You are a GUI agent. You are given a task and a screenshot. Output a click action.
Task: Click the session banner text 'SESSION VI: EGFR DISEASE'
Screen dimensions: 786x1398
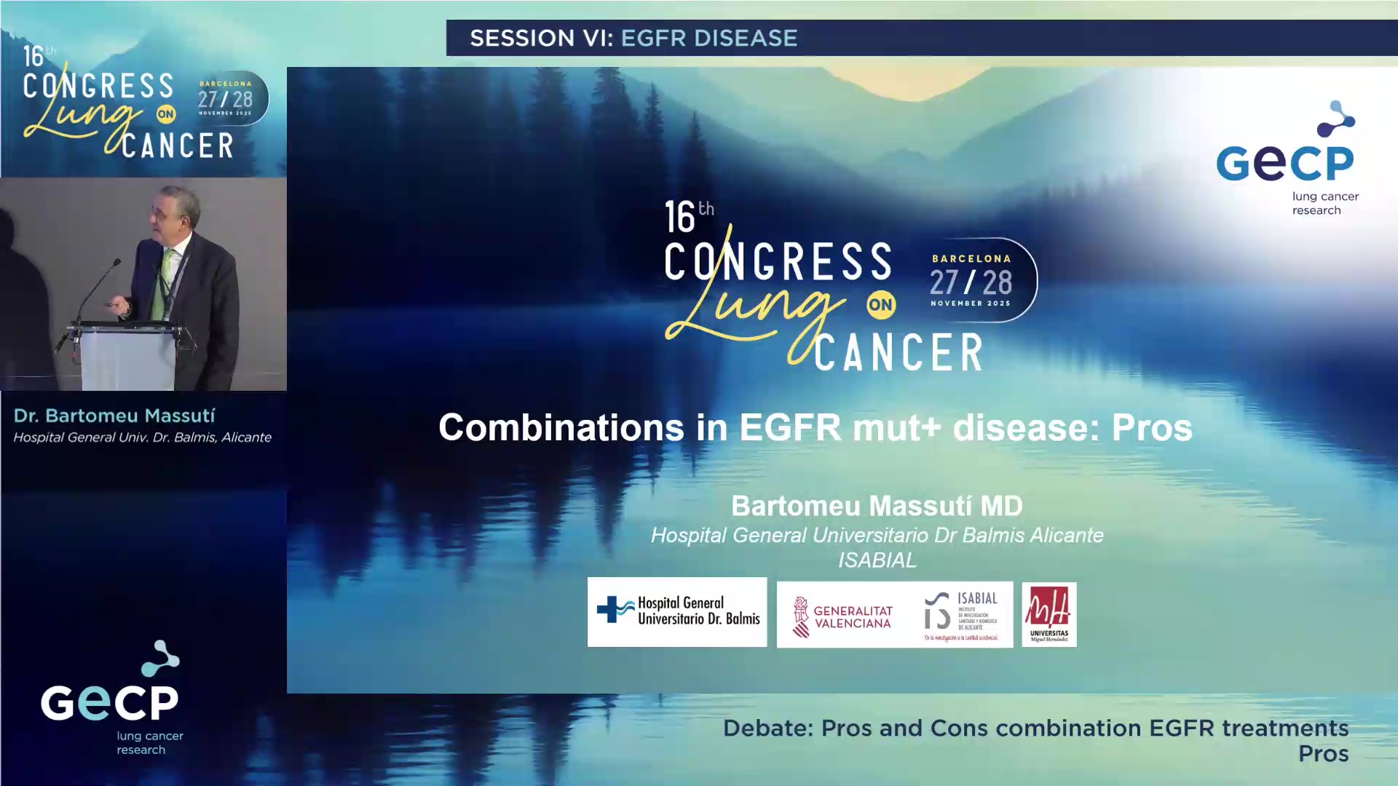pyautogui.click(x=633, y=38)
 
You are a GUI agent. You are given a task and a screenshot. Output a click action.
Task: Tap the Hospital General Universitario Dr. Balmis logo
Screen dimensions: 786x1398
pyautogui.click(x=677, y=612)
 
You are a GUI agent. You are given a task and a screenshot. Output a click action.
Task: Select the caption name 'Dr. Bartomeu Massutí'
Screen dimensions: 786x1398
pyautogui.click(x=114, y=416)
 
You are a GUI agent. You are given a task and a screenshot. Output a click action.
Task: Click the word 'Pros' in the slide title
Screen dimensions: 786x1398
pyautogui.click(x=1151, y=428)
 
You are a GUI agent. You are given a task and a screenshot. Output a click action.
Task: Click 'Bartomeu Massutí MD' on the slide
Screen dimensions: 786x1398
pyautogui.click(x=877, y=506)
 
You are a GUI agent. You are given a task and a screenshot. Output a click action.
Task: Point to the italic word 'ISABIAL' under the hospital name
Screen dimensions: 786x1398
pyautogui.click(x=877, y=560)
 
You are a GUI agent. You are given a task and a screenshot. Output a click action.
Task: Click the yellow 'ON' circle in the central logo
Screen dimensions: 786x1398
pyautogui.click(x=880, y=305)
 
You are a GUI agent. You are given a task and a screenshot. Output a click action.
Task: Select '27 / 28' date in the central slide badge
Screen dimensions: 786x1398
pyautogui.click(x=971, y=282)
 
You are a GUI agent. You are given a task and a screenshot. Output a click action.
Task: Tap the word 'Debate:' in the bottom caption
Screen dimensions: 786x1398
pyautogui.click(x=767, y=729)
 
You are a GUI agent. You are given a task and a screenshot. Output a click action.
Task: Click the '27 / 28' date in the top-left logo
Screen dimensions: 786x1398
pyautogui.click(x=225, y=100)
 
